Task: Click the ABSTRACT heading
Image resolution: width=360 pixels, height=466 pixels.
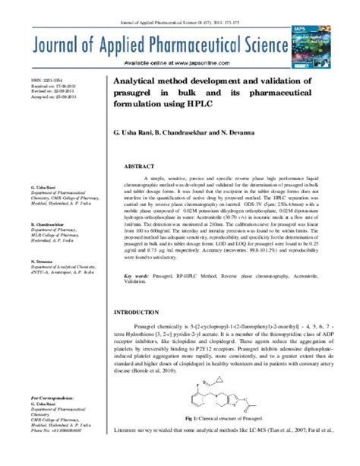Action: click(139, 165)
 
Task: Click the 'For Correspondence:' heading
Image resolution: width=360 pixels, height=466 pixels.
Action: click(52, 398)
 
